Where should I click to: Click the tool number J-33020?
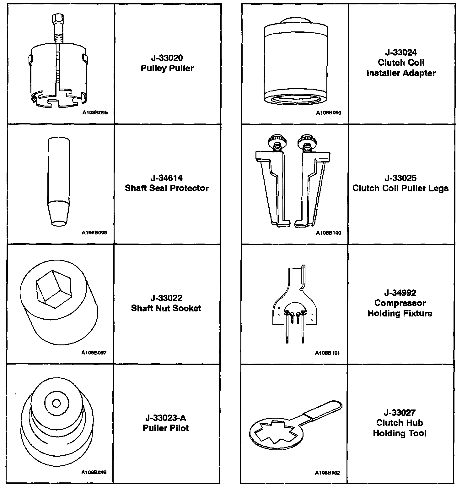[x=167, y=58]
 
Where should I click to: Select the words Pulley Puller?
[x=167, y=68]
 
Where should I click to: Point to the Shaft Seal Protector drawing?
[x=59, y=181]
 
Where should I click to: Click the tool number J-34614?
[x=167, y=178]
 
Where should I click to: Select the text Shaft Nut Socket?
[x=166, y=308]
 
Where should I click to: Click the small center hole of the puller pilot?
[x=56, y=403]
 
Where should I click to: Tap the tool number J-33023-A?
[x=166, y=418]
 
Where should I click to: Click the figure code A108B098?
[x=94, y=472]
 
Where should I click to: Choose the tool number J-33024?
[x=401, y=52]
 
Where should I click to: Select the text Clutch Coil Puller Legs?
[x=400, y=188]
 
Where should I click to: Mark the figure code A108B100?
[x=328, y=233]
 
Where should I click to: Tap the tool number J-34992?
[x=400, y=293]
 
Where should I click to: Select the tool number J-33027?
[x=400, y=412]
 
